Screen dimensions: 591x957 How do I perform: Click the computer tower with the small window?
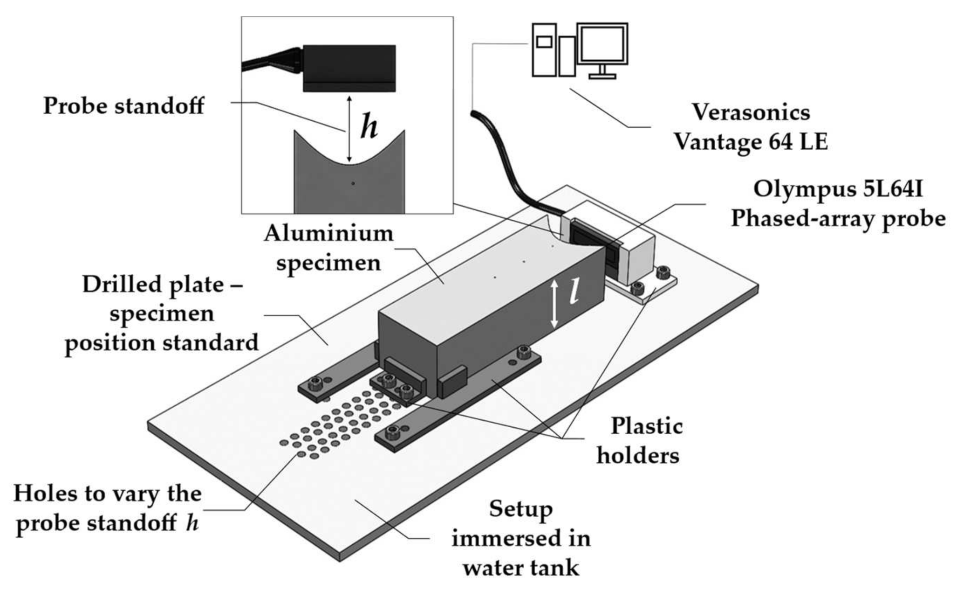(544, 49)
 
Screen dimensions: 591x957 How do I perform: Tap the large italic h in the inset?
(369, 127)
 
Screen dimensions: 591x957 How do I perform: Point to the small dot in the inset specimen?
(353, 183)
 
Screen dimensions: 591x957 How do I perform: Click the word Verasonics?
(751, 112)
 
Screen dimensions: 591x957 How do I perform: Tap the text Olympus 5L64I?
(838, 189)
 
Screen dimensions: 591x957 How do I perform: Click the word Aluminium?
(328, 233)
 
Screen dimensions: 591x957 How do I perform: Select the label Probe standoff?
(123, 106)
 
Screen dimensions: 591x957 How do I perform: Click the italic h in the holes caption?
(191, 523)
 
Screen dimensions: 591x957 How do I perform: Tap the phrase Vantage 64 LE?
(751, 141)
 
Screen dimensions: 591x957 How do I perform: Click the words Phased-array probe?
(838, 218)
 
